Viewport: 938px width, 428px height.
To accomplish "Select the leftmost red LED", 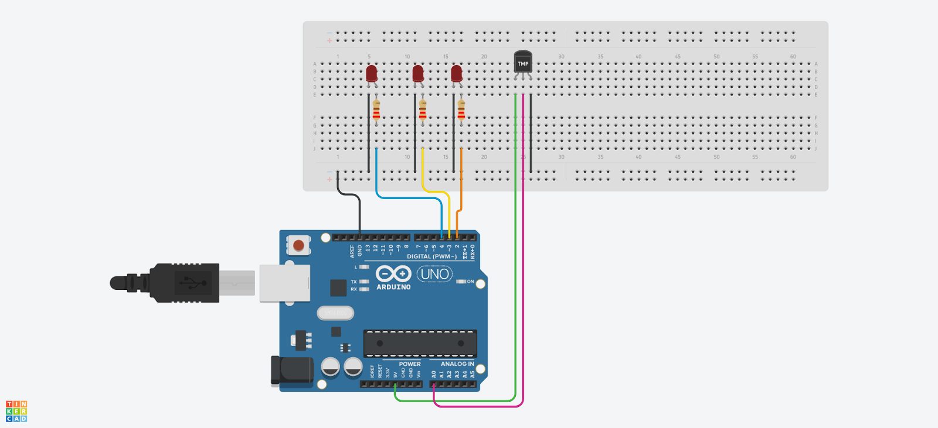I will coord(372,74).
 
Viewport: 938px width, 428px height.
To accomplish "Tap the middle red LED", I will coord(418,74).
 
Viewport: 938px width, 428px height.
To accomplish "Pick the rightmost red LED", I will coord(457,74).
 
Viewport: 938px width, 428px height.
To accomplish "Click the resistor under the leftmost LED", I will coord(376,109).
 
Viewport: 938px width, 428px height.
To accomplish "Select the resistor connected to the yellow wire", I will coord(423,109).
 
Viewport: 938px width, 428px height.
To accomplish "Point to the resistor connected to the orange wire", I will coord(461,109).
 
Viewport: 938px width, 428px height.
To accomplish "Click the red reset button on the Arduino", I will coord(299,245).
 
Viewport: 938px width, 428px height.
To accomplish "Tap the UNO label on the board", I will coord(434,274).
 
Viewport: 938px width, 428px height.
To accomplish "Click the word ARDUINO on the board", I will coord(393,287).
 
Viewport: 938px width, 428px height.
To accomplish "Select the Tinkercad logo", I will coord(16,411).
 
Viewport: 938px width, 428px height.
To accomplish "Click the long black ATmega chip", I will coord(420,344).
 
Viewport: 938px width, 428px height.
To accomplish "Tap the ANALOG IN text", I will coord(457,364).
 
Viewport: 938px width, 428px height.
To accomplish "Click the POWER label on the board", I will coord(410,364).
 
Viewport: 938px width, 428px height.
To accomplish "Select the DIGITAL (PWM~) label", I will coord(431,256).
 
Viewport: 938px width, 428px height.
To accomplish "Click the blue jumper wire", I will coord(410,197).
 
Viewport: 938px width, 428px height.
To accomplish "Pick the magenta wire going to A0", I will coord(522,293).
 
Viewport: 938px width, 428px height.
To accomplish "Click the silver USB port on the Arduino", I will coord(285,283).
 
